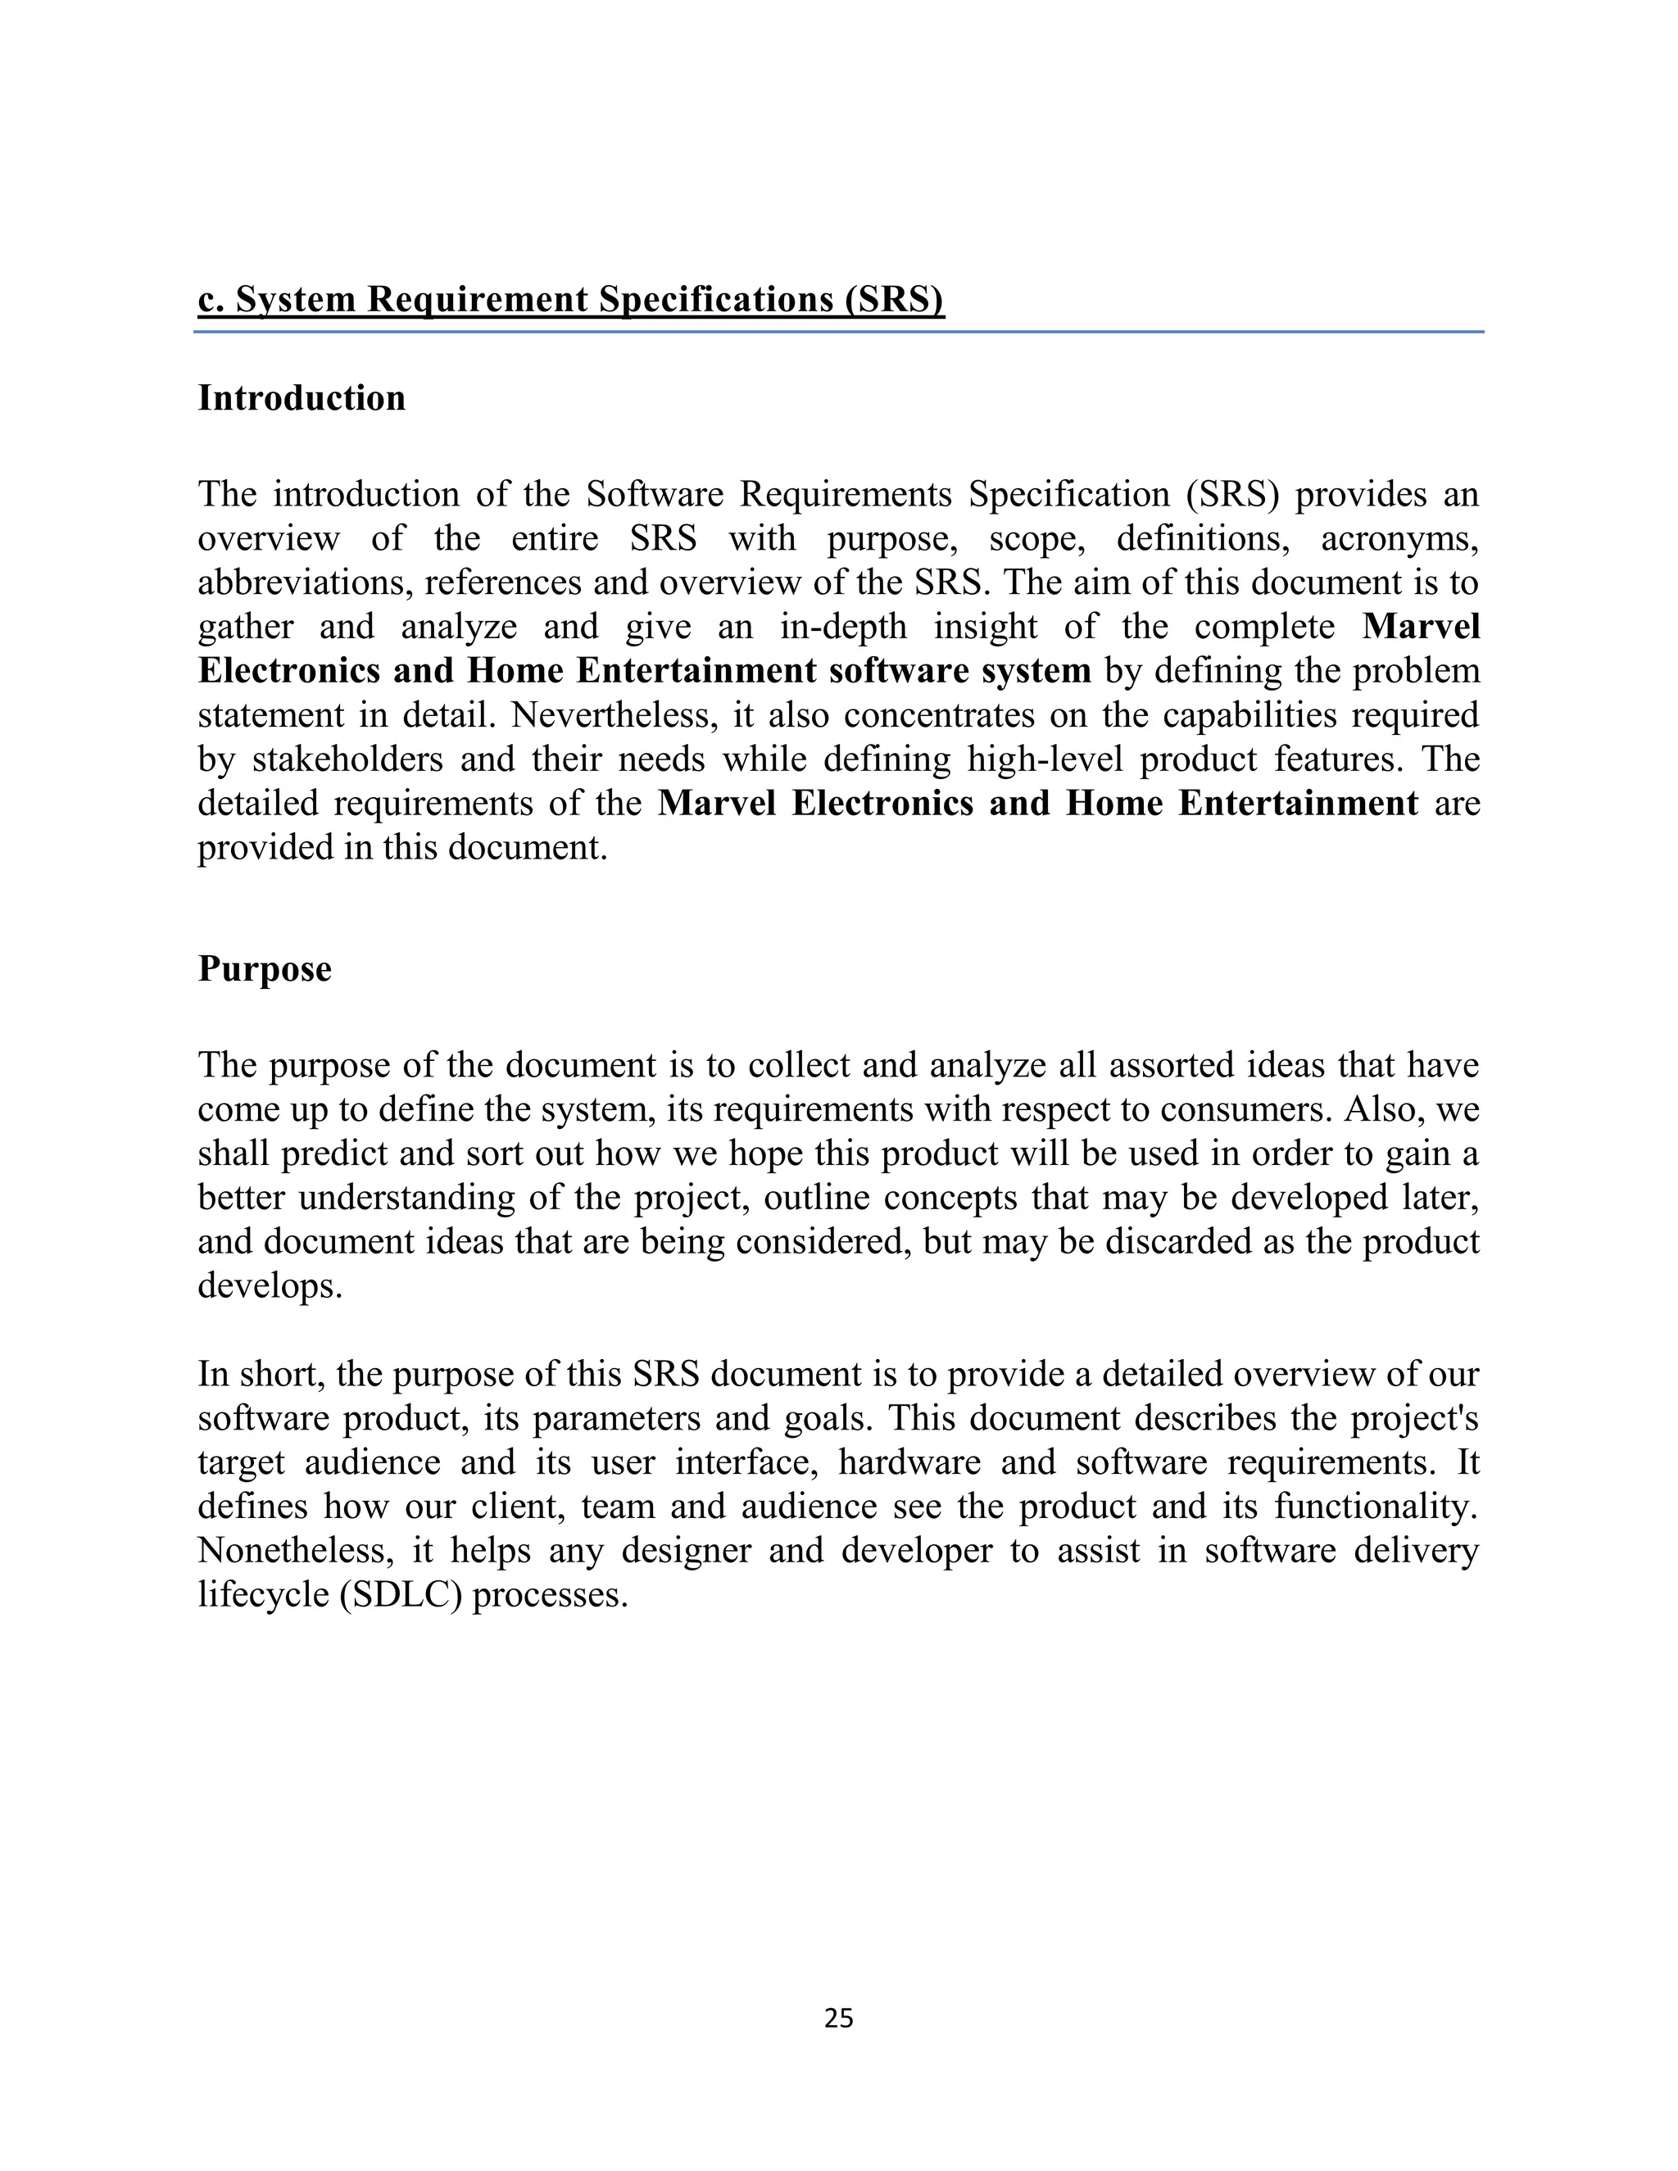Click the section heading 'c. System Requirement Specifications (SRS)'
click(570, 299)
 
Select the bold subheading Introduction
click(302, 397)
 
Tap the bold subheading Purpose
click(265, 968)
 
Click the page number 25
click(838, 2018)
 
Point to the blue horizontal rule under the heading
click(838, 332)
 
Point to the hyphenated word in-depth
click(843, 628)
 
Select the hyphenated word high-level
click(1045, 759)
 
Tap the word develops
click(270, 1285)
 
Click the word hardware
click(909, 1463)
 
